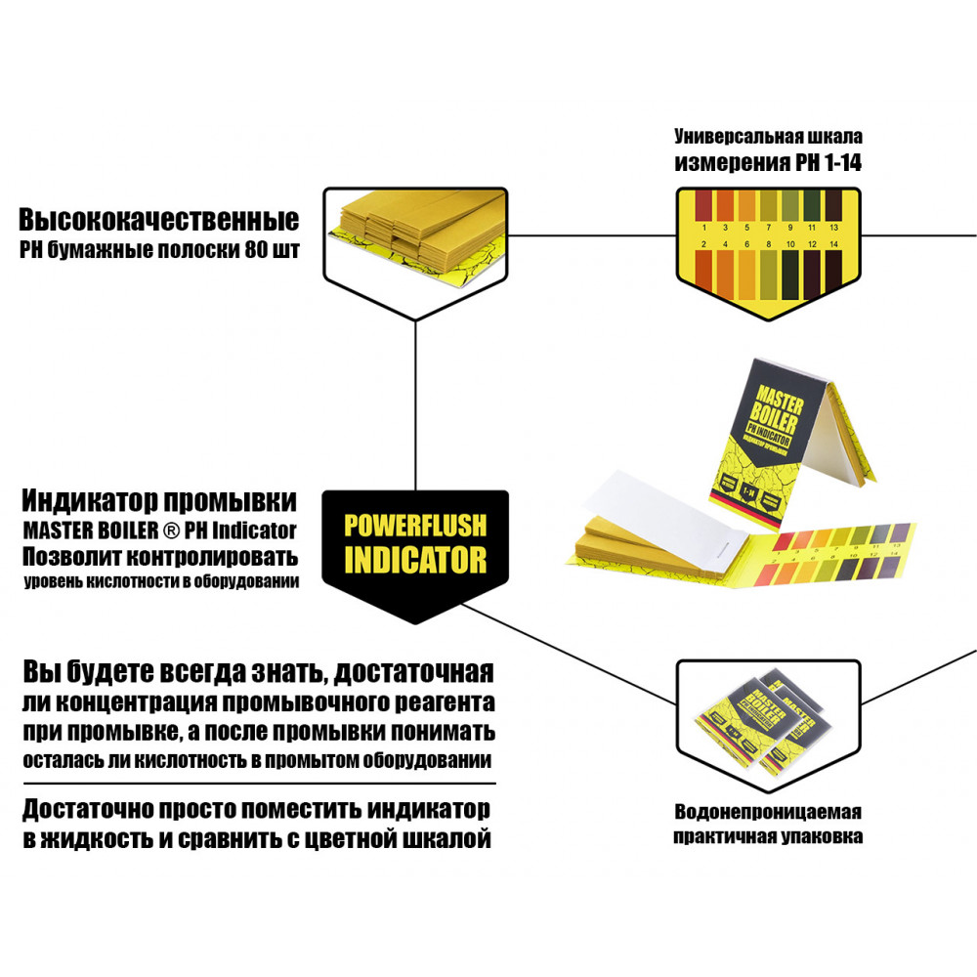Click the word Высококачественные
pyautogui.click(x=158, y=218)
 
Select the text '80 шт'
pyautogui.click(x=273, y=249)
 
